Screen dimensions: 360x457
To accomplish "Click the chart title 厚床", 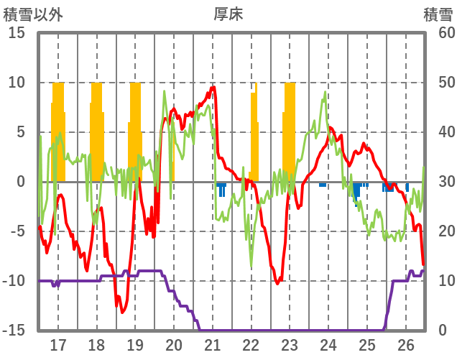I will coord(228,14).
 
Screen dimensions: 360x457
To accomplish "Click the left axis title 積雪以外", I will coord(32,14).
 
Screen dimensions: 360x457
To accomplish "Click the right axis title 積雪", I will coord(438,14).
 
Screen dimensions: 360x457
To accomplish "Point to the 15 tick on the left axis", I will coord(17,33).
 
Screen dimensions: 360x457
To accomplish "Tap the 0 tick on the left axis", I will coord(21,182).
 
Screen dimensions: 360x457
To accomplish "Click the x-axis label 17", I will coord(57,344).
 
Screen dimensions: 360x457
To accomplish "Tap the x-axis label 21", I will coord(212,344).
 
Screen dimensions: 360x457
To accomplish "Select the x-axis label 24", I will coord(328,344).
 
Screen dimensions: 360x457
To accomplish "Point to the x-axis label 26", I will coord(406,344).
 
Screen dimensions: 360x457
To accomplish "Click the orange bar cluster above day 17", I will coord(58,133).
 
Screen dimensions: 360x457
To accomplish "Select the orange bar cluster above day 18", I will coord(96,133).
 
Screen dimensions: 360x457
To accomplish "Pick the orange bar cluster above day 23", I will coord(290,133).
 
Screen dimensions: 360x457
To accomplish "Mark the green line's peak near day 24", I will coord(326,92).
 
